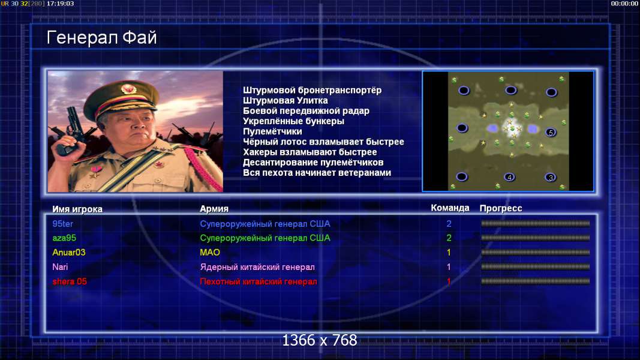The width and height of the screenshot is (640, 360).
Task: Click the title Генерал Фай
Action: (101, 38)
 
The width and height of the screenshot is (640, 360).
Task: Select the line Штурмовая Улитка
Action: (286, 100)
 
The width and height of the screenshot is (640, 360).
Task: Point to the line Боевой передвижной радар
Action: (306, 110)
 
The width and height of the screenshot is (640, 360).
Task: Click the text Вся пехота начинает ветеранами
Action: (317, 173)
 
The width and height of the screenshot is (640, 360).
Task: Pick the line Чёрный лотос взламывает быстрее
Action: (323, 142)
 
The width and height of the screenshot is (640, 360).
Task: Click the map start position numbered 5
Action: (551, 132)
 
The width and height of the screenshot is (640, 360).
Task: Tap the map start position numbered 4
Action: (509, 177)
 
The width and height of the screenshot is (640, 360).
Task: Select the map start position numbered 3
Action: (551, 178)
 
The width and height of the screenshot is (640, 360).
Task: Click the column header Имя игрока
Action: (77, 209)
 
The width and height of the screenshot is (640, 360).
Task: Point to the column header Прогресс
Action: (501, 208)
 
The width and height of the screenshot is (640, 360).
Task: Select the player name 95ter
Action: (63, 224)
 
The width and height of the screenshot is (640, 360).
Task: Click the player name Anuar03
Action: (69, 252)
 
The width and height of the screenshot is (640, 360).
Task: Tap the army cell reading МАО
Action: (210, 252)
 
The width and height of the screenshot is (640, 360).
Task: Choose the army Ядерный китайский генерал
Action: (257, 267)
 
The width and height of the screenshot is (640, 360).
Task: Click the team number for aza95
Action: (449, 238)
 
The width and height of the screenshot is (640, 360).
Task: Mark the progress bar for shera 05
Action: (535, 281)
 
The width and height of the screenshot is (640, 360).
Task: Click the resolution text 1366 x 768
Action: (320, 340)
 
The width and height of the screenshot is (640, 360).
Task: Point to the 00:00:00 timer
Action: (624, 4)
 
